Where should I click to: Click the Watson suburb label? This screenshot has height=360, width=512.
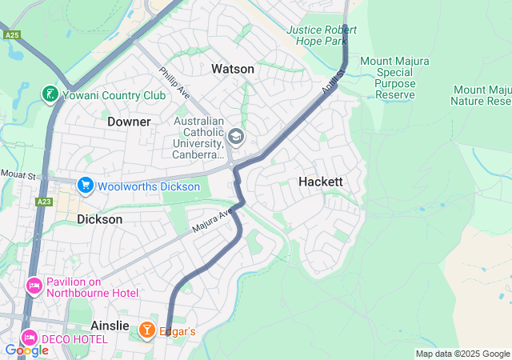[233, 70]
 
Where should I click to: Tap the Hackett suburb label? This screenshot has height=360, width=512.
[320, 182]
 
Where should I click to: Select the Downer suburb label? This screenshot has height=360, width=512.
[129, 122]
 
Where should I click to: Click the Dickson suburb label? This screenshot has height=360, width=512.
[100, 218]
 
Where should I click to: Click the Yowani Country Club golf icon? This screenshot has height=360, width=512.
[50, 94]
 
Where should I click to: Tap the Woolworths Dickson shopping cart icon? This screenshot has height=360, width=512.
[85, 186]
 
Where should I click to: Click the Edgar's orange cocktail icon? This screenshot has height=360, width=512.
[147, 330]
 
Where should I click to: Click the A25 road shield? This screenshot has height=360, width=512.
[11, 36]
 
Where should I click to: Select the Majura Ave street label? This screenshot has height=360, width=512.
[212, 222]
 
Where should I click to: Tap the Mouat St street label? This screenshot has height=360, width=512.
[18, 174]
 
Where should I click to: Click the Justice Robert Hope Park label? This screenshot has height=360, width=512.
[322, 35]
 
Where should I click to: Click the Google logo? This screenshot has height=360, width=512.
[26, 350]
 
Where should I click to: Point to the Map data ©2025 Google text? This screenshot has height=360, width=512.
[462, 354]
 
